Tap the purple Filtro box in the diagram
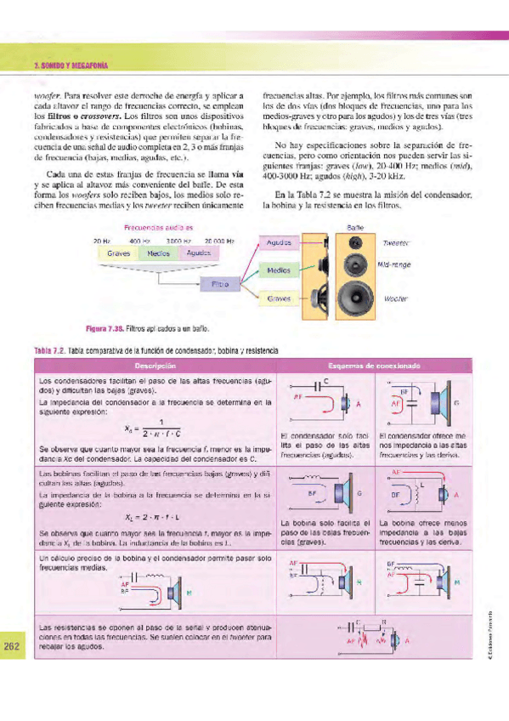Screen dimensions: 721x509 tap(218, 286)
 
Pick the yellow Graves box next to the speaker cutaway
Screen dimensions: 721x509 tap(280, 298)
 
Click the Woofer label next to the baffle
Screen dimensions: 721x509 tap(396, 299)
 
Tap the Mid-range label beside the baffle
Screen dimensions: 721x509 tap(393, 264)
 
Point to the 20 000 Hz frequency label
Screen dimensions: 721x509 tap(219, 242)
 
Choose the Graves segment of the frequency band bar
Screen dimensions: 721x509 tap(118, 253)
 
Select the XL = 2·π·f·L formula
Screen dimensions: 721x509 tap(155, 515)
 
